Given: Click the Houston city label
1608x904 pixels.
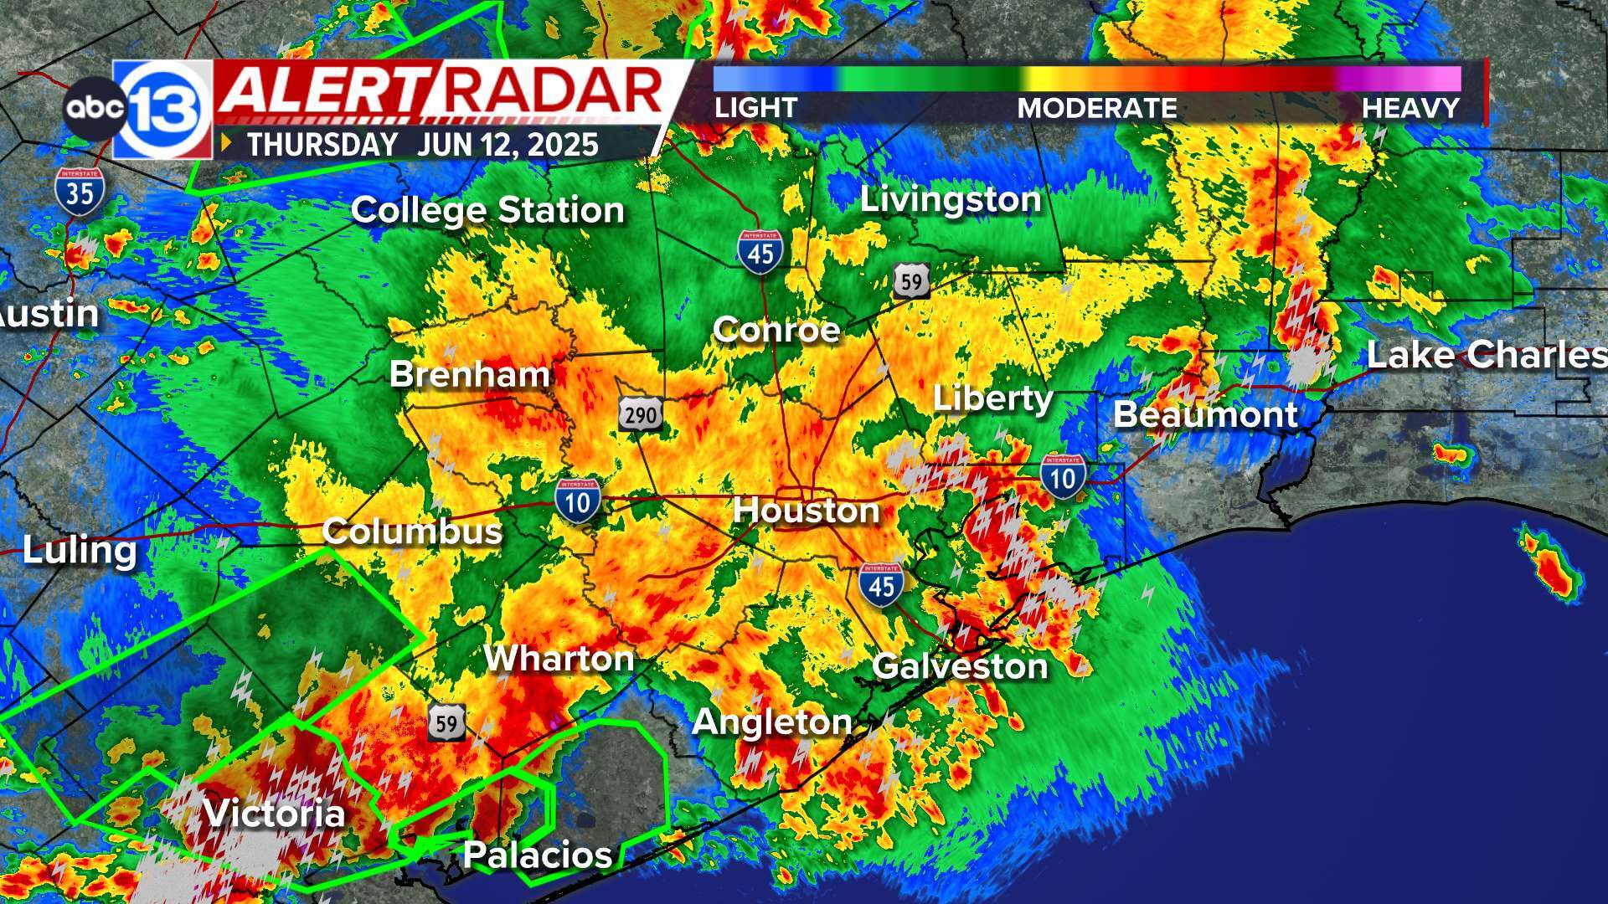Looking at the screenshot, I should pos(806,511).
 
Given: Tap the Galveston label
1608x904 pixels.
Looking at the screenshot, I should pos(960,667).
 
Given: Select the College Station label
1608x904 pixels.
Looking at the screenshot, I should pos(487,210).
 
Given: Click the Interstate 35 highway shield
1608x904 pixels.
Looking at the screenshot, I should pos(80,193).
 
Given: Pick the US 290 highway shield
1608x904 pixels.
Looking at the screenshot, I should pos(641,413).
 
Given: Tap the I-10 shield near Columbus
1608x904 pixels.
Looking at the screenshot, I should pos(578,501).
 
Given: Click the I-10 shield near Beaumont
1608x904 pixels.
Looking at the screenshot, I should pos(1063,477).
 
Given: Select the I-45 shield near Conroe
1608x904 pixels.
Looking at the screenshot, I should pos(760,251).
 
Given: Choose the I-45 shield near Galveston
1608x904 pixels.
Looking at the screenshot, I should pos(881,584).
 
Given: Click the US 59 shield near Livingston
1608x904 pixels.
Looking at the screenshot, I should pos(911,281).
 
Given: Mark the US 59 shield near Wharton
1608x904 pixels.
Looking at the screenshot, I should pos(446,722).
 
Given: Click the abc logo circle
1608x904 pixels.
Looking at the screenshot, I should pos(92,108).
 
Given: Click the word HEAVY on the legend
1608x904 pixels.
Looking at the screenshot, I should pos(1410,108).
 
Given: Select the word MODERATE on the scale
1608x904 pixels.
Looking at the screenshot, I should pos(1097,108).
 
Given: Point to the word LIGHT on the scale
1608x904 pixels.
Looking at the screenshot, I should pos(755,108).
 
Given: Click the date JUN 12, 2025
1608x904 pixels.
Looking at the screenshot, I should pos(508,145).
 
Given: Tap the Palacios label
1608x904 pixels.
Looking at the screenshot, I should pos(537,855).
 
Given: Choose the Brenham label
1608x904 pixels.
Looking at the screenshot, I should pos(469,374).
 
